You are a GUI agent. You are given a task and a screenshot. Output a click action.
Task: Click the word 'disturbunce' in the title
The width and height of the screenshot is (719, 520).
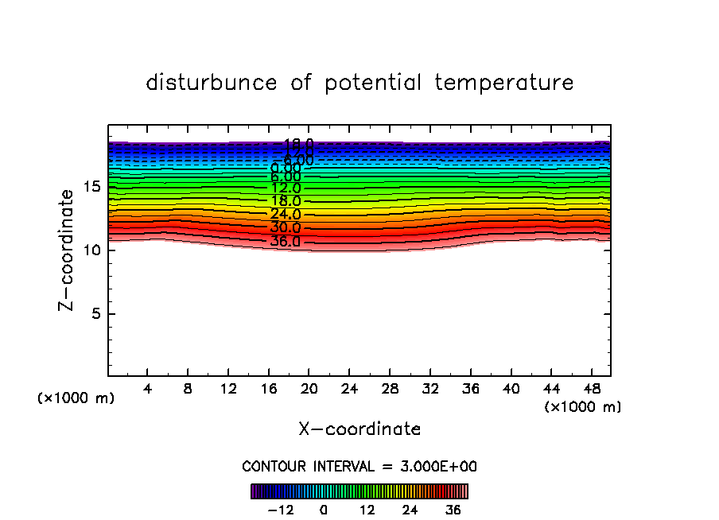tap(212, 83)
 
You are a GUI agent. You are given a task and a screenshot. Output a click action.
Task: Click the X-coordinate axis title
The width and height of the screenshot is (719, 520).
tap(359, 429)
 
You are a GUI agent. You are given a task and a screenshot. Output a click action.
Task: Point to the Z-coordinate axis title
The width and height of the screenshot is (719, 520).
tap(68, 250)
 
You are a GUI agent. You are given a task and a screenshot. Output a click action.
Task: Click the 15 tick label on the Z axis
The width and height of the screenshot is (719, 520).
tap(90, 187)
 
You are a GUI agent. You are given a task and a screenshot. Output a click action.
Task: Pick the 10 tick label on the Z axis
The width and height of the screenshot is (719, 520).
tap(90, 250)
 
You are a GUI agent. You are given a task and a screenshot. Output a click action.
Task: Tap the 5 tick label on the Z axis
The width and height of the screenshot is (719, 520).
tap(94, 314)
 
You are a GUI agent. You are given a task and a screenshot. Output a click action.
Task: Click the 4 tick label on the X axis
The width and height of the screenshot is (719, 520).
tap(148, 390)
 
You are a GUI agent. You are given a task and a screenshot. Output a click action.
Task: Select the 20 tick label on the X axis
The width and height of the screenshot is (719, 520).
tap(309, 390)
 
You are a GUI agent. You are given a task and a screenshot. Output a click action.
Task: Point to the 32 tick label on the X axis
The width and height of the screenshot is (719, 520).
tap(430, 390)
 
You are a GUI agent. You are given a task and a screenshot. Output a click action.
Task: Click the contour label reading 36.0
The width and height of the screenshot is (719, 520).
tap(285, 241)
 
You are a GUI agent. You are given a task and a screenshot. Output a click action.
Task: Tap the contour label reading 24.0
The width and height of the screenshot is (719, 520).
tap(285, 214)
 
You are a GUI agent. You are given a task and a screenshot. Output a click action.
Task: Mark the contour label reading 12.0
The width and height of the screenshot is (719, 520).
tap(285, 188)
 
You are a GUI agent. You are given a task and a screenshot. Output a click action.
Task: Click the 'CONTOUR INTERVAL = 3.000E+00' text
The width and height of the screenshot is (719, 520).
tap(359, 466)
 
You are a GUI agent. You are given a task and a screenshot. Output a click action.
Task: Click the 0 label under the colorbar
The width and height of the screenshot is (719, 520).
tap(324, 510)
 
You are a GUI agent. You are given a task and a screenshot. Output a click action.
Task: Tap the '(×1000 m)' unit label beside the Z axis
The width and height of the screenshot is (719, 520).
tap(76, 398)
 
